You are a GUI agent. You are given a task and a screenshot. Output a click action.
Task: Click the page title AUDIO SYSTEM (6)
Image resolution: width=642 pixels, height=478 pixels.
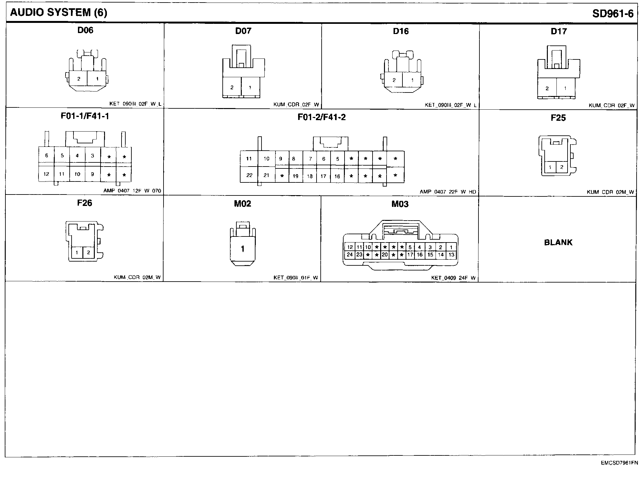click(59, 13)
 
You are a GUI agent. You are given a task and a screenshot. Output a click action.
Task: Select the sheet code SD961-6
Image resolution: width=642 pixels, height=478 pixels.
click(613, 14)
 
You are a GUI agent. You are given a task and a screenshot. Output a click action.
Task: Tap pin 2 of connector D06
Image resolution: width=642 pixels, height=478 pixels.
click(79, 79)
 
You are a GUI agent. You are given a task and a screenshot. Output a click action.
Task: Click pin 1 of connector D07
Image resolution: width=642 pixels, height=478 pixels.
click(250, 87)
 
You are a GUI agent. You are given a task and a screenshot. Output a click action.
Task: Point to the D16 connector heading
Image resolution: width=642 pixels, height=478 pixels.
click(401, 31)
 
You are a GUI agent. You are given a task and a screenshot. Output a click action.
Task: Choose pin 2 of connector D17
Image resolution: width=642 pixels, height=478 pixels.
click(547, 88)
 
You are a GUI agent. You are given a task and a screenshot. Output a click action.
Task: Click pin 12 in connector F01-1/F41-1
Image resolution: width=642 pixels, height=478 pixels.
click(46, 174)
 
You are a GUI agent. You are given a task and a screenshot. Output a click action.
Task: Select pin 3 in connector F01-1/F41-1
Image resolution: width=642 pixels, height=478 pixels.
click(93, 156)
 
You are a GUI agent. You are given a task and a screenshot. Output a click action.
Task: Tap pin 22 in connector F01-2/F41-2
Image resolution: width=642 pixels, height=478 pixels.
click(249, 175)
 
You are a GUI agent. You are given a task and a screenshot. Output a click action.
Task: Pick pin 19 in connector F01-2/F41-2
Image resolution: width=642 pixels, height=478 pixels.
click(296, 176)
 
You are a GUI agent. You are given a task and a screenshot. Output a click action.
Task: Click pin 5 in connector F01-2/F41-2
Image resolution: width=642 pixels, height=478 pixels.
click(338, 159)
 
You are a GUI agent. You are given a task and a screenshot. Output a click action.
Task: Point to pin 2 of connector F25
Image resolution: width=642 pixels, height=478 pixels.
click(562, 167)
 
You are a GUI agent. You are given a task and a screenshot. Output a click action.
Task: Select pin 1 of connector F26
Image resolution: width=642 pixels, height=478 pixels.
click(77, 253)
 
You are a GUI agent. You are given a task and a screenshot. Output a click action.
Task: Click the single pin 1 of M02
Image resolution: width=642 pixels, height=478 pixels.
click(243, 249)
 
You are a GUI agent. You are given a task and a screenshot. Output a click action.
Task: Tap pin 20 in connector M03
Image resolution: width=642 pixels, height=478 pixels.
click(385, 255)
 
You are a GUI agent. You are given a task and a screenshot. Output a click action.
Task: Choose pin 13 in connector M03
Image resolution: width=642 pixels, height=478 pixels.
click(451, 255)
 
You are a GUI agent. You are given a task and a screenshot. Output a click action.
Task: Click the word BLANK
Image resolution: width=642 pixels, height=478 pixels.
click(558, 242)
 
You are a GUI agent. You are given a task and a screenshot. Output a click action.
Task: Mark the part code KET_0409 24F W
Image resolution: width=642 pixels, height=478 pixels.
click(453, 278)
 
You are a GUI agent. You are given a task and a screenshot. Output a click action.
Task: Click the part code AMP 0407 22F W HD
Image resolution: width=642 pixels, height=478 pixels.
click(448, 192)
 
